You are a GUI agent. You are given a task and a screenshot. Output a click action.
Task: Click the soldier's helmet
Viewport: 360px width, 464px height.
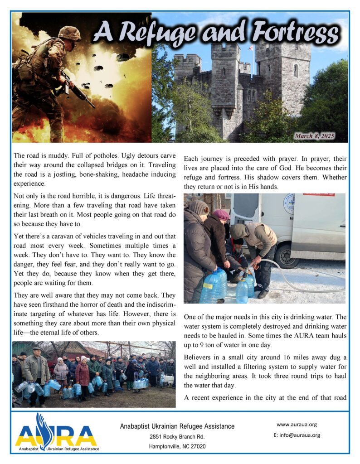point(69,33)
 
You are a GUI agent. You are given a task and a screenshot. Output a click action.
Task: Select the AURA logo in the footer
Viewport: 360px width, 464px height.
point(56,433)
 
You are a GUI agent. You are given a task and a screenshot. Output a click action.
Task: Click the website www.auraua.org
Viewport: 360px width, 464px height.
point(297,425)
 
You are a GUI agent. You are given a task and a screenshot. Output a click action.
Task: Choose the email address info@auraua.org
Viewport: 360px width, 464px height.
point(297,435)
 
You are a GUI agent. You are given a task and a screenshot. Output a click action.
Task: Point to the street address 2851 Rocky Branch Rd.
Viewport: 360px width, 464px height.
point(177,437)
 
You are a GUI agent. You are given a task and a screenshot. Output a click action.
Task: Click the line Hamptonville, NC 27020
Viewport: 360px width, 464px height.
point(177,446)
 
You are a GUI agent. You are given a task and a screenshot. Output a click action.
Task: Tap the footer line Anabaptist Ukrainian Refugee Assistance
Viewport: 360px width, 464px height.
point(177,426)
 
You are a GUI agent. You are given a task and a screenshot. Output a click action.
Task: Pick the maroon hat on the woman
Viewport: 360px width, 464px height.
point(221,214)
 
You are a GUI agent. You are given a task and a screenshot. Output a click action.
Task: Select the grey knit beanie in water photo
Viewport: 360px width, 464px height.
point(199,208)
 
